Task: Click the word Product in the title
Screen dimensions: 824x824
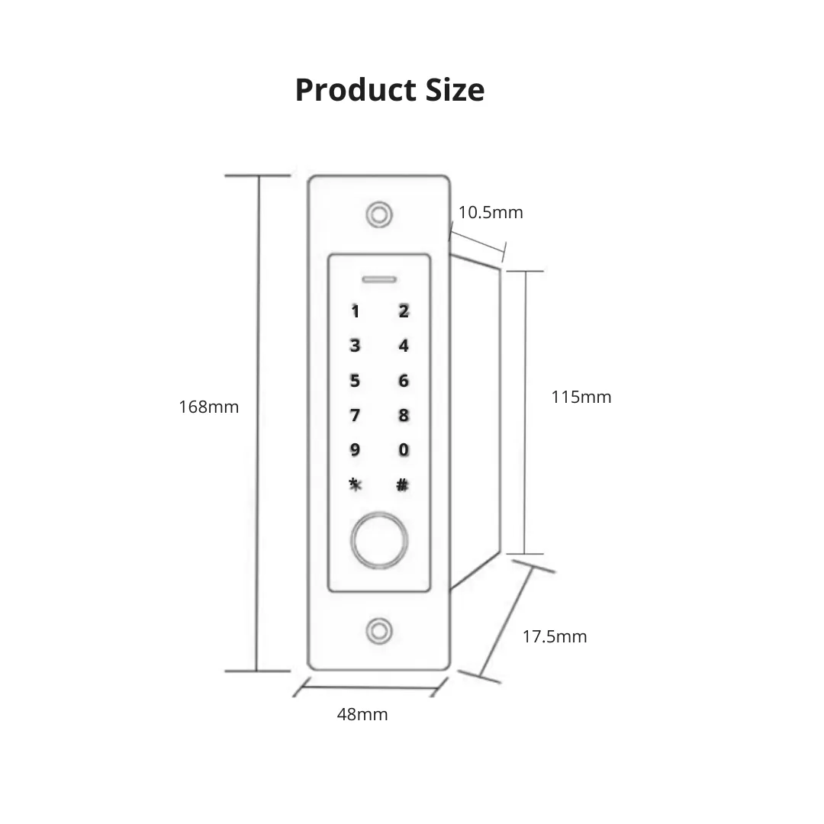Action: click(x=356, y=90)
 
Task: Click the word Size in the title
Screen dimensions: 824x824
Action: click(x=455, y=90)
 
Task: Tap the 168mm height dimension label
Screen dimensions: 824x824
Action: click(x=208, y=407)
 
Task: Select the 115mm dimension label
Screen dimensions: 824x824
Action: click(x=581, y=397)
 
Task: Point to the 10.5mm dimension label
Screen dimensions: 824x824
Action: click(x=491, y=212)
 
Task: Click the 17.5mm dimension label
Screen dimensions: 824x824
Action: click(x=555, y=636)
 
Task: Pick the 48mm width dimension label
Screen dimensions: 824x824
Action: click(x=362, y=714)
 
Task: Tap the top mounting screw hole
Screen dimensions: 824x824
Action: click(x=379, y=214)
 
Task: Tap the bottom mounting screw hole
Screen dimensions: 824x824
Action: click(x=379, y=631)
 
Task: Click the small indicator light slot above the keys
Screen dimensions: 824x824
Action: click(x=379, y=279)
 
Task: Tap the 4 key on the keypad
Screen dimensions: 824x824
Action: click(x=403, y=346)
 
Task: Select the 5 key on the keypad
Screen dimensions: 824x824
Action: click(x=355, y=381)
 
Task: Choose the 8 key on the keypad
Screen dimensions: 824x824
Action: click(x=403, y=415)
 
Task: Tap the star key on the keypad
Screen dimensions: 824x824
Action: click(x=356, y=484)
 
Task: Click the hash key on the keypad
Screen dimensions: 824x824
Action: click(x=403, y=485)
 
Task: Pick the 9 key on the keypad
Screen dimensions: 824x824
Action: click(x=355, y=450)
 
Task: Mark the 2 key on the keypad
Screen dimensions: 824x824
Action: click(x=403, y=311)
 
